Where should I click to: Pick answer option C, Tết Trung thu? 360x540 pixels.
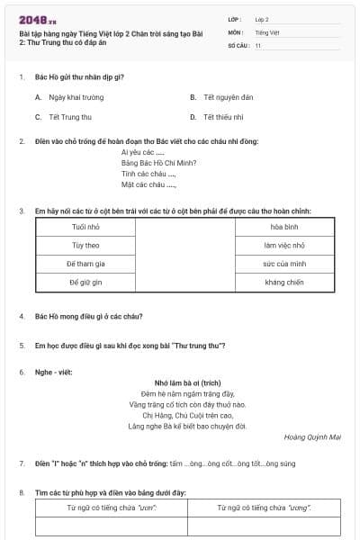(68, 116)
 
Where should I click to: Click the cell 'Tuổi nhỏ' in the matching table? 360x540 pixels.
(85, 226)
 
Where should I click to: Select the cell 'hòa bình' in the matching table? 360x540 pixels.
(284, 226)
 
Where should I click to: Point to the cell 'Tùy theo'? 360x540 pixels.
(85, 245)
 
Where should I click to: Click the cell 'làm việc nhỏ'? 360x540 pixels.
(284, 245)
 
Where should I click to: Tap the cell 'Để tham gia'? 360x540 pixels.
(85, 264)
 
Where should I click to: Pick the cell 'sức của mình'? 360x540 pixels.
(284, 264)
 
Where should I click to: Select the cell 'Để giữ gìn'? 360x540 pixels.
(85, 283)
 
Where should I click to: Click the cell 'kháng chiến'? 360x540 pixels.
(284, 283)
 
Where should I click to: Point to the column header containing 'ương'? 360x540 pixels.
(265, 508)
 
